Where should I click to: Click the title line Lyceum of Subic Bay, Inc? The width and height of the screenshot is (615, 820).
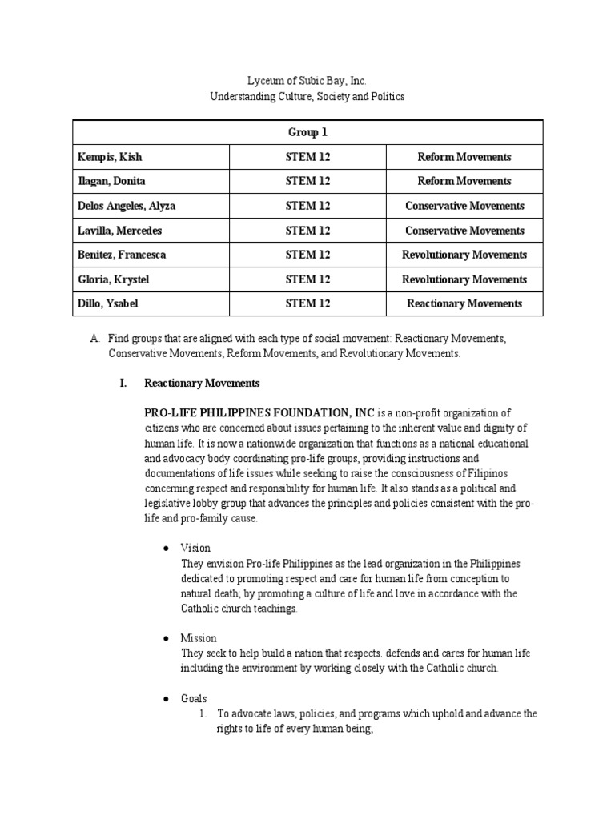point(307,82)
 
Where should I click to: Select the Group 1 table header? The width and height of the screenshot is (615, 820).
point(307,132)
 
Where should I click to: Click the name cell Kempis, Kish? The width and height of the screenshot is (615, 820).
point(110,157)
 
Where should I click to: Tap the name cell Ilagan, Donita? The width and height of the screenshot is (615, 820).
point(111,181)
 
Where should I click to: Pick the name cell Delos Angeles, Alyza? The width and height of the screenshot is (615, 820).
point(127,206)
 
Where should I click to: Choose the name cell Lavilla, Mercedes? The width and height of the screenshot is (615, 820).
point(119,231)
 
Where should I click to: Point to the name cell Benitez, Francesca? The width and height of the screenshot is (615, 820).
point(123,255)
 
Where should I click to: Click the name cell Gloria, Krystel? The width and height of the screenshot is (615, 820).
point(114,279)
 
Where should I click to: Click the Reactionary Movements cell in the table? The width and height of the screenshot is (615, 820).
point(464,303)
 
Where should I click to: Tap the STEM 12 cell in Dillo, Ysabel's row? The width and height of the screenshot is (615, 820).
point(307,303)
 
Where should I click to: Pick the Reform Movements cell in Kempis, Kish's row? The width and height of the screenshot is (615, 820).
point(464,157)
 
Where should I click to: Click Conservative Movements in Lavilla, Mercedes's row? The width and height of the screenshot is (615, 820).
point(464,231)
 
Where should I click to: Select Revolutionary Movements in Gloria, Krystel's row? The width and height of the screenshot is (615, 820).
point(464,279)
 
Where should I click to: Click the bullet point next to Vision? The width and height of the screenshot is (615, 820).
point(164,549)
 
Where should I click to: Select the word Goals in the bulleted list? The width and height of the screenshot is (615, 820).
point(194,699)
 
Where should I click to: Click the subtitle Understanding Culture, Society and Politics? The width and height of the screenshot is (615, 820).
point(307,97)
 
